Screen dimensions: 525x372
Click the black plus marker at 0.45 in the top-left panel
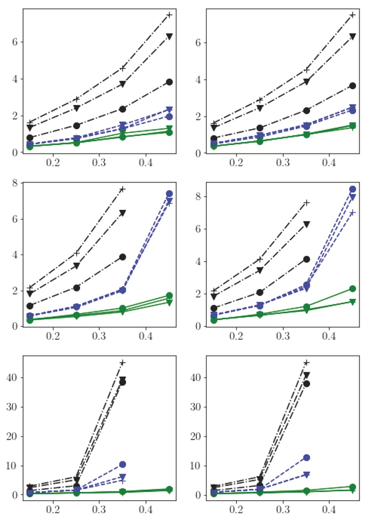pyautogui.click(x=169, y=15)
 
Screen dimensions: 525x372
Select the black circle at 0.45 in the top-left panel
pyautogui.click(x=169, y=82)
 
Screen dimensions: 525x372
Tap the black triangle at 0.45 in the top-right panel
pyautogui.click(x=353, y=37)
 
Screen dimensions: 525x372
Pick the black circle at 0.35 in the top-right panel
pyautogui.click(x=307, y=110)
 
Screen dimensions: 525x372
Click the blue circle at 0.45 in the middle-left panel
pyautogui.click(x=169, y=194)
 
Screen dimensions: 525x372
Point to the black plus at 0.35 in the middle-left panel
pyautogui.click(x=123, y=189)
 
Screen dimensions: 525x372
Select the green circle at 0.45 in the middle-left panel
pyautogui.click(x=169, y=296)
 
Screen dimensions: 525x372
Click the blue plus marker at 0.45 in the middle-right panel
pyautogui.click(x=353, y=213)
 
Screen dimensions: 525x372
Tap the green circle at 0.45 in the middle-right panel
pyautogui.click(x=353, y=288)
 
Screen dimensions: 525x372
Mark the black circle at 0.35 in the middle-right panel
pyautogui.click(x=307, y=259)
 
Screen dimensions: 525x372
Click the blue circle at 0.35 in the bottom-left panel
pyautogui.click(x=123, y=464)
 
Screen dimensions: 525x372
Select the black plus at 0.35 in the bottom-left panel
pyautogui.click(x=123, y=363)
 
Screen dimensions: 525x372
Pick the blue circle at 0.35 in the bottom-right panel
pyautogui.click(x=307, y=458)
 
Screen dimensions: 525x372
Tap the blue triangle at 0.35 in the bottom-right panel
pyautogui.click(x=307, y=475)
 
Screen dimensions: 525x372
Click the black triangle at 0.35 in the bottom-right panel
pyautogui.click(x=307, y=375)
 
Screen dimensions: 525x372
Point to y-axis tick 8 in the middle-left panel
pyautogui.click(x=15, y=183)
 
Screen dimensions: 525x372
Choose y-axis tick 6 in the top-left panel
pyautogui.click(x=15, y=42)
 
